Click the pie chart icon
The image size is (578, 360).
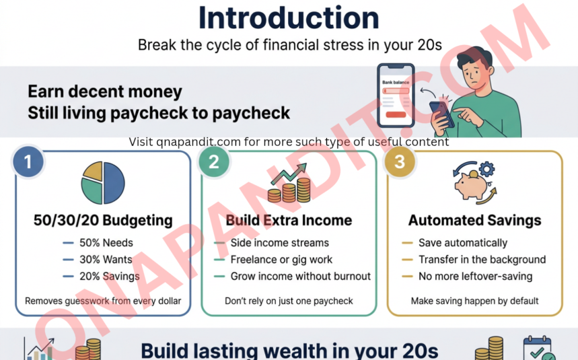103,182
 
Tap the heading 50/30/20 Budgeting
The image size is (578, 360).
103,220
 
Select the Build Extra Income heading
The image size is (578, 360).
289,220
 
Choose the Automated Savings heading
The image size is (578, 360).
475,220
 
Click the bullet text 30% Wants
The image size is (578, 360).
106,260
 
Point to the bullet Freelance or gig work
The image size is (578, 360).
281,260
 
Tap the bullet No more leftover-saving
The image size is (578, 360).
475,277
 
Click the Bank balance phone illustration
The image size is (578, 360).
395,95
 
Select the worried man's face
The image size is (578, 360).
475,67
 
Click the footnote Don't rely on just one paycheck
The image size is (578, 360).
289,301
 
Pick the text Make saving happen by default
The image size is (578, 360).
475,301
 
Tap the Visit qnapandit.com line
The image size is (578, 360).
289,142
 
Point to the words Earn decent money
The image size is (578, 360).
105,92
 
